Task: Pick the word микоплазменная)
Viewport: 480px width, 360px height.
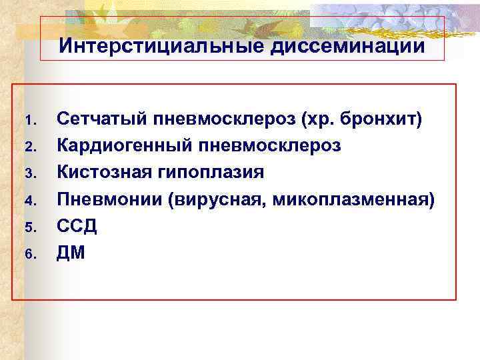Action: pyautogui.click(x=355, y=199)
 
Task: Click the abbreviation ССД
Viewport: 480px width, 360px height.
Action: pyautogui.click(x=77, y=225)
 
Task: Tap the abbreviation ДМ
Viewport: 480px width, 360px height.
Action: pyautogui.click(x=71, y=253)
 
